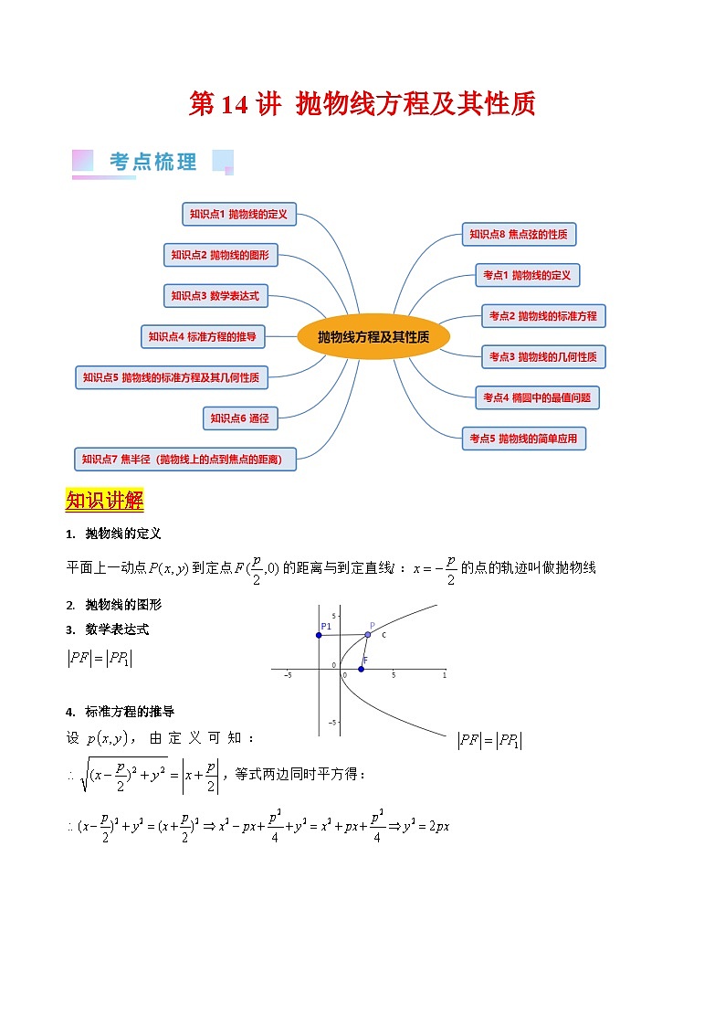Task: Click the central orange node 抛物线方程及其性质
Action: pos(374,337)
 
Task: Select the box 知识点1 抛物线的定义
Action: pos(238,215)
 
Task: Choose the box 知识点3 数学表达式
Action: pos(215,296)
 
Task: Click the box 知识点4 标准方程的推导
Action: pos(202,336)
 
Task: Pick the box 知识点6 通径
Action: pos(239,418)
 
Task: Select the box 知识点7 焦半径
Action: pos(186,459)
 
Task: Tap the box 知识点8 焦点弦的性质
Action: pos(519,235)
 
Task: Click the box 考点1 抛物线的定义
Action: pos(527,275)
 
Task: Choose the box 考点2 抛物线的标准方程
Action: pos(543,316)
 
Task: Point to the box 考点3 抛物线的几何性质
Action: pos(543,356)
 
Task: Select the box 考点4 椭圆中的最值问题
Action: pos(538,397)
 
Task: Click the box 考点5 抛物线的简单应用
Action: pos(524,439)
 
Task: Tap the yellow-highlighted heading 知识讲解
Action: pos(105,501)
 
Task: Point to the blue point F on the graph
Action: pos(361,669)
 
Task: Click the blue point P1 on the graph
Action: pos(319,635)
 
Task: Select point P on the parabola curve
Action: pos(368,634)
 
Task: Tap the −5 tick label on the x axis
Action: pos(288,676)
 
